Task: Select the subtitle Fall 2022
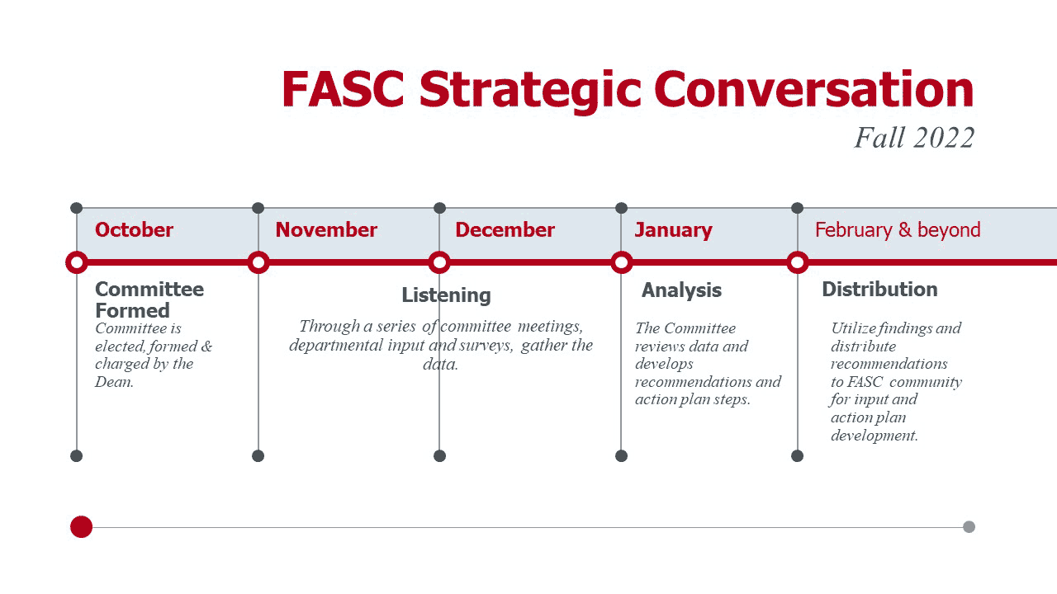(x=914, y=138)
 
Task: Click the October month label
(x=134, y=229)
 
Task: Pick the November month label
(x=326, y=229)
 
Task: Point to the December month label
(x=505, y=229)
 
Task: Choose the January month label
(x=673, y=230)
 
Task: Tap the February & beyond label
(x=898, y=230)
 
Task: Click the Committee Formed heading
(x=149, y=299)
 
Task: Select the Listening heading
(x=446, y=296)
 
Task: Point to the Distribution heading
(x=879, y=289)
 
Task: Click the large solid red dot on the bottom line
(x=81, y=526)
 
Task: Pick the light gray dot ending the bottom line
(x=969, y=526)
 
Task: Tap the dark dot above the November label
(x=258, y=208)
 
